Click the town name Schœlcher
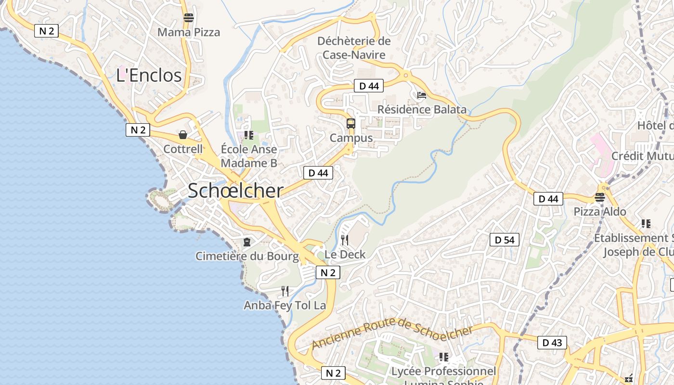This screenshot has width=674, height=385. point(235,191)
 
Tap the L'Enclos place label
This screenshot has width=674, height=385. point(149,75)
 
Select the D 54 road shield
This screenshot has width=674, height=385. point(505,240)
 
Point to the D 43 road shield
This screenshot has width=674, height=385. point(552,343)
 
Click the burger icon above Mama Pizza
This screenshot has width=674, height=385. point(189,18)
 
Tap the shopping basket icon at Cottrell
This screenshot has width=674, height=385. point(183,135)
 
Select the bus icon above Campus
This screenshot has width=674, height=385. point(351,124)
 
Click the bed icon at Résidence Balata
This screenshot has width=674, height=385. point(422,95)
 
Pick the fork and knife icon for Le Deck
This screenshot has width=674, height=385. point(345,240)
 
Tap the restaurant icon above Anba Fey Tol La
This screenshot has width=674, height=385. point(285,291)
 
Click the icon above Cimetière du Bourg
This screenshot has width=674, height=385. point(247,242)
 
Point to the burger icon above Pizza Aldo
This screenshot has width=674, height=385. point(599,197)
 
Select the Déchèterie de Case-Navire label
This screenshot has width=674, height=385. point(354,48)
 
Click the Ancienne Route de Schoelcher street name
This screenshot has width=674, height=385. point(392,334)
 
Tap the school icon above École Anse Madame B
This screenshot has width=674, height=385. point(248,135)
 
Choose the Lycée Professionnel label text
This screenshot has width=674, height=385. point(443,372)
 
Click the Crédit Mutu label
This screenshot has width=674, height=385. point(642,156)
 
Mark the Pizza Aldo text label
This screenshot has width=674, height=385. point(600,212)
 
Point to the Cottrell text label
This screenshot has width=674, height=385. point(183,149)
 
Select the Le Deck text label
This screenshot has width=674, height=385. point(345,255)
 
